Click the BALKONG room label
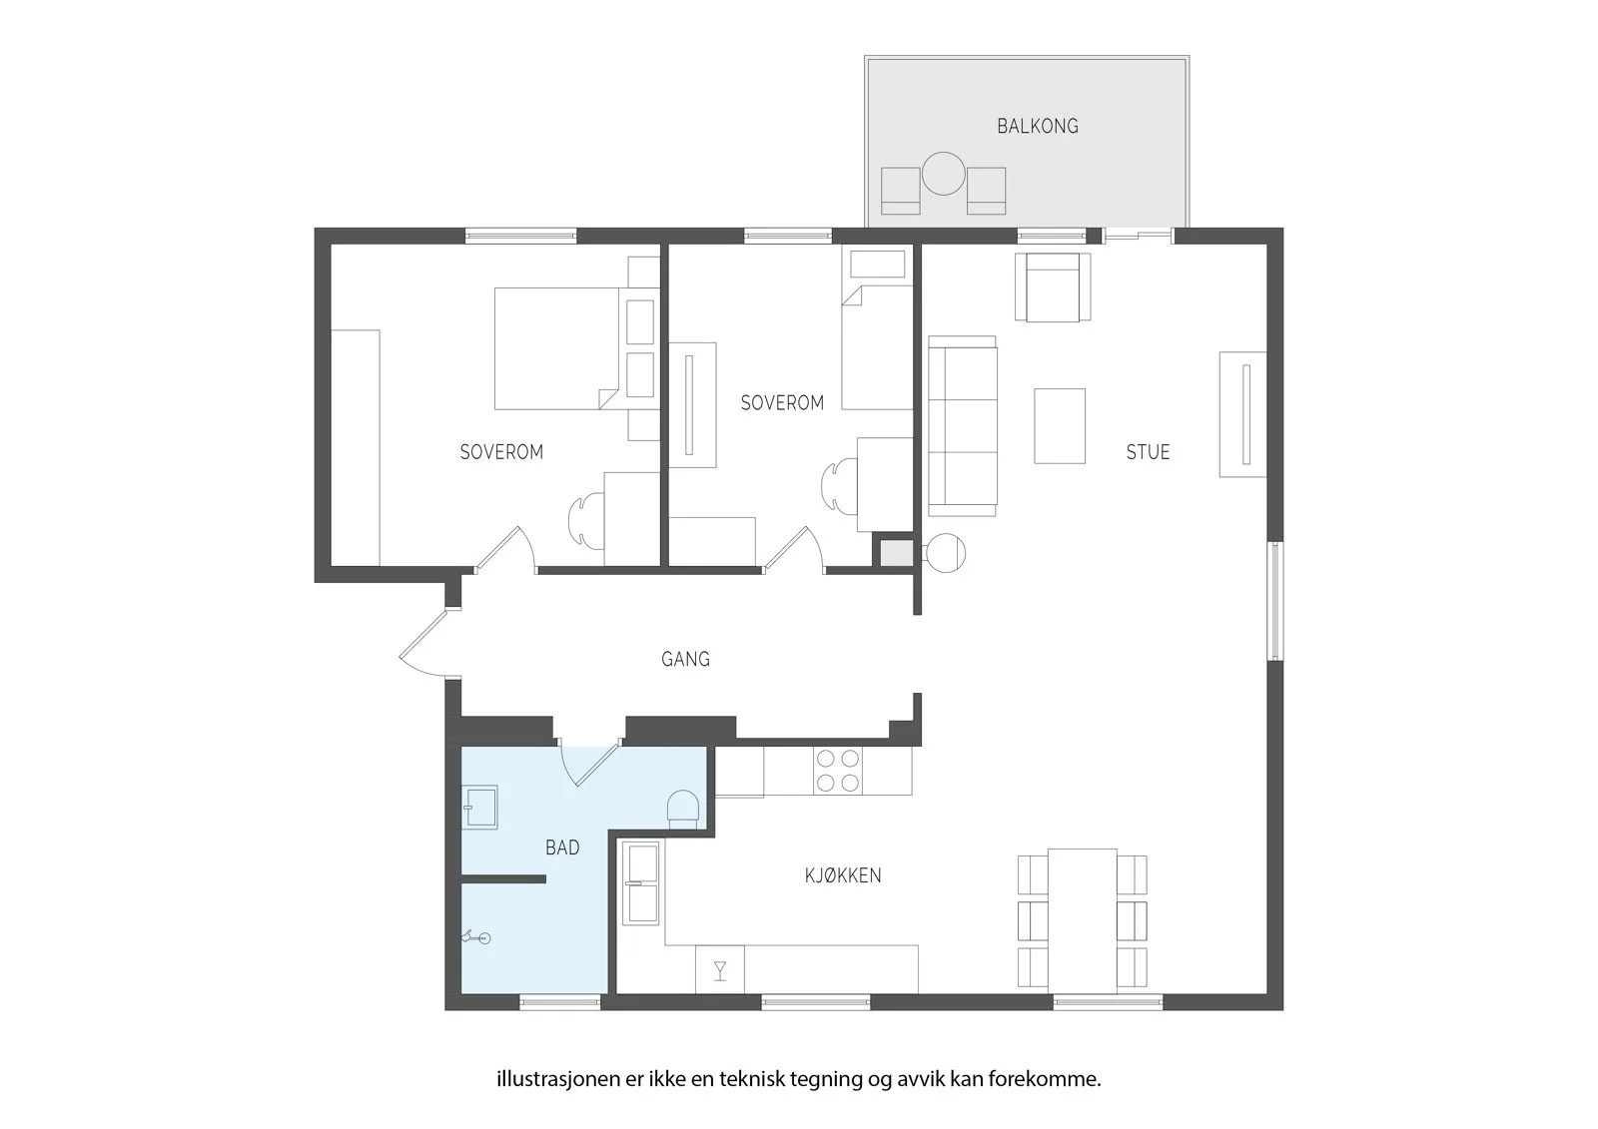pos(1038,126)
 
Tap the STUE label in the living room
pos(1148,452)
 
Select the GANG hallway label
pos(685,659)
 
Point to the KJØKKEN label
pos(843,875)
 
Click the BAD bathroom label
pos(562,847)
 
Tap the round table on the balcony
pos(943,174)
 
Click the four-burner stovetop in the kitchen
pos(838,771)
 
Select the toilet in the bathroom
pos(683,810)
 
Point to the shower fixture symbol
pos(477,938)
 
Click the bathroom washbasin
pos(479,808)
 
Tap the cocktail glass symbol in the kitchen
pos(720,970)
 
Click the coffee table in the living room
pos(1060,426)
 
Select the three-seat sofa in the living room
pos(963,426)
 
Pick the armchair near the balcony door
pos(1053,286)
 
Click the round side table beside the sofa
pos(945,553)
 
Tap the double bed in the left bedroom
pos(556,348)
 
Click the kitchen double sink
pos(640,883)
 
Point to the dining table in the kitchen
pos(1083,920)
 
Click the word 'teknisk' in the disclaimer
pos(755,1079)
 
